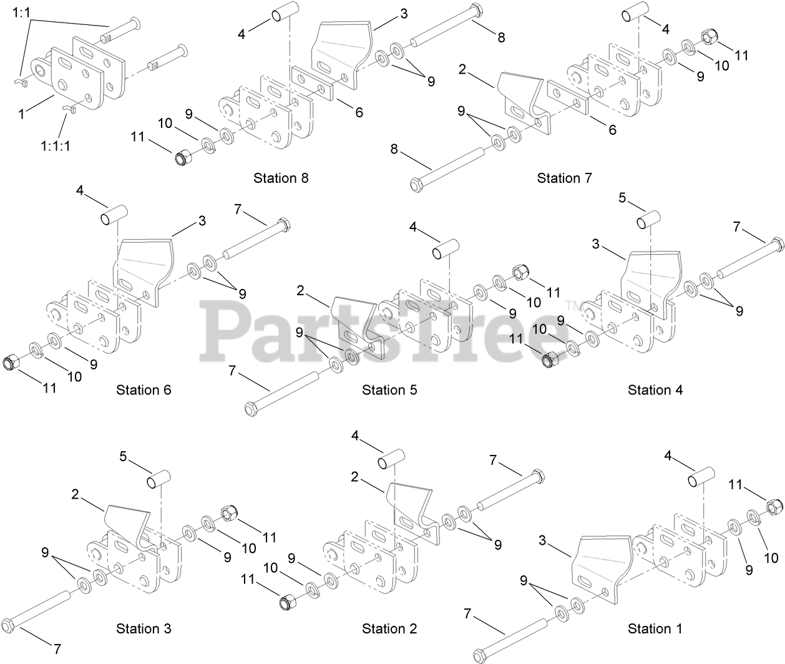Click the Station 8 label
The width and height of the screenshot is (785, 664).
[281, 178]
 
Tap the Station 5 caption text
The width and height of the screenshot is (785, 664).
[389, 390]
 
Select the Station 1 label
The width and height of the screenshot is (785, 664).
[655, 628]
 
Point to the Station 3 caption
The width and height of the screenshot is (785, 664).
[144, 628]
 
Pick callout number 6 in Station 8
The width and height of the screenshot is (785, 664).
[359, 113]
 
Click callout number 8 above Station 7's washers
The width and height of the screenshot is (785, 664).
[501, 37]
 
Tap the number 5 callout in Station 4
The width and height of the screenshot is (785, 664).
[622, 199]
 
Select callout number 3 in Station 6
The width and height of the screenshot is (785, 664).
[202, 220]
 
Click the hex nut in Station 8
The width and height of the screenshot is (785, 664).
[183, 159]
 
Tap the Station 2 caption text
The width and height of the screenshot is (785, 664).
[389, 628]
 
